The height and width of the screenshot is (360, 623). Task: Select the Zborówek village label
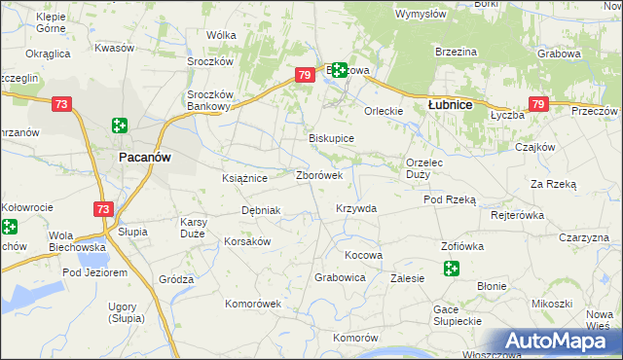pyautogui.click(x=318, y=176)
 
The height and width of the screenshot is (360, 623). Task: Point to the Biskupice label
pyautogui.click(x=331, y=139)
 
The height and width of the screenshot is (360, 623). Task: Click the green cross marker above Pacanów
pyautogui.click(x=119, y=125)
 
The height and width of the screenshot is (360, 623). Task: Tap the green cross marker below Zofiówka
pyautogui.click(x=451, y=270)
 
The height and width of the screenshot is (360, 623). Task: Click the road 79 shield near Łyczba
pyautogui.click(x=538, y=103)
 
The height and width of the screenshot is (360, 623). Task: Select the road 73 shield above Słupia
pyautogui.click(x=103, y=209)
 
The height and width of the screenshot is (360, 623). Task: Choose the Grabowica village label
pyautogui.click(x=340, y=277)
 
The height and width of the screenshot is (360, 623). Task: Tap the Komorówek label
pyautogui.click(x=253, y=304)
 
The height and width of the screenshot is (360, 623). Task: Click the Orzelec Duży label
pyautogui.click(x=424, y=168)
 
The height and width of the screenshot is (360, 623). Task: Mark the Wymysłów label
pyautogui.click(x=421, y=14)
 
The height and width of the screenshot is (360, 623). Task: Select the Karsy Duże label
pyautogui.click(x=192, y=228)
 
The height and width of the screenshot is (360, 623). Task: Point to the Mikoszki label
pyautogui.click(x=552, y=304)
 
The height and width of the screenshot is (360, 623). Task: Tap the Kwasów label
pyautogui.click(x=114, y=48)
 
